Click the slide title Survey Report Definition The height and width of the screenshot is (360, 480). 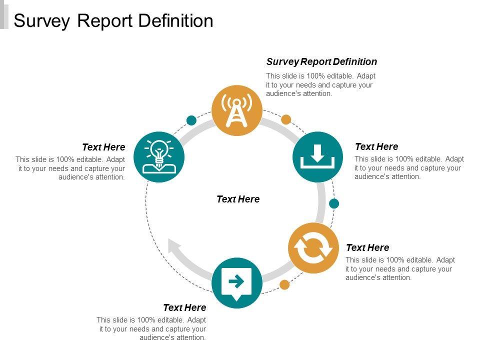113,20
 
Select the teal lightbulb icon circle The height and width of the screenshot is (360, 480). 159,157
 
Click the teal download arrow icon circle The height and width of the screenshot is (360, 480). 317,156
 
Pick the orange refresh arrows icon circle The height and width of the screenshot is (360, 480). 313,248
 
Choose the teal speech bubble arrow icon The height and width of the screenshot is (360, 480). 236,282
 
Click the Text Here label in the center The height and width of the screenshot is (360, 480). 238,199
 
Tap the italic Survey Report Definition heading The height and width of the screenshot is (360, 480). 321,61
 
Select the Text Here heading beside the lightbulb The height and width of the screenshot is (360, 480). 103,147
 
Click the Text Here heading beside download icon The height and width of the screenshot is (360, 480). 376,146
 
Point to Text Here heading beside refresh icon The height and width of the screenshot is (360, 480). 367,247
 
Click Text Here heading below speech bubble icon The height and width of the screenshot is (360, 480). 184,307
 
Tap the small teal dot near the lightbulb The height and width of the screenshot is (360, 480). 191,120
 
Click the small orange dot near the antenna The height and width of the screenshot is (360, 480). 286,119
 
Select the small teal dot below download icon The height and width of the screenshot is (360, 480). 334,203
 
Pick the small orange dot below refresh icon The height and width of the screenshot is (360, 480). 284,285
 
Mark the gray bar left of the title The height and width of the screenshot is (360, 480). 4,14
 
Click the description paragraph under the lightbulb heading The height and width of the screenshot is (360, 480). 70,168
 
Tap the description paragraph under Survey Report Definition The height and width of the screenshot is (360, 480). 320,84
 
